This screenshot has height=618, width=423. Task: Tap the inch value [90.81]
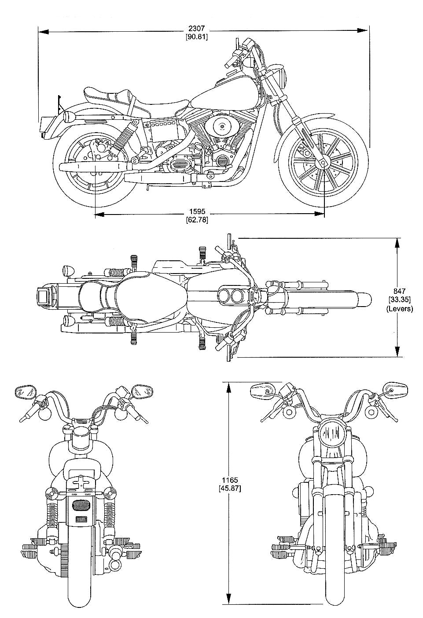(196, 37)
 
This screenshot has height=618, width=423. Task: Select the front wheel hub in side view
(324, 163)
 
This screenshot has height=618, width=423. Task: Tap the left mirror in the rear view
(25, 391)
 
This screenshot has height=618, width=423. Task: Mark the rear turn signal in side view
(69, 117)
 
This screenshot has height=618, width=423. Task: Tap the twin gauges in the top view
(232, 296)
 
